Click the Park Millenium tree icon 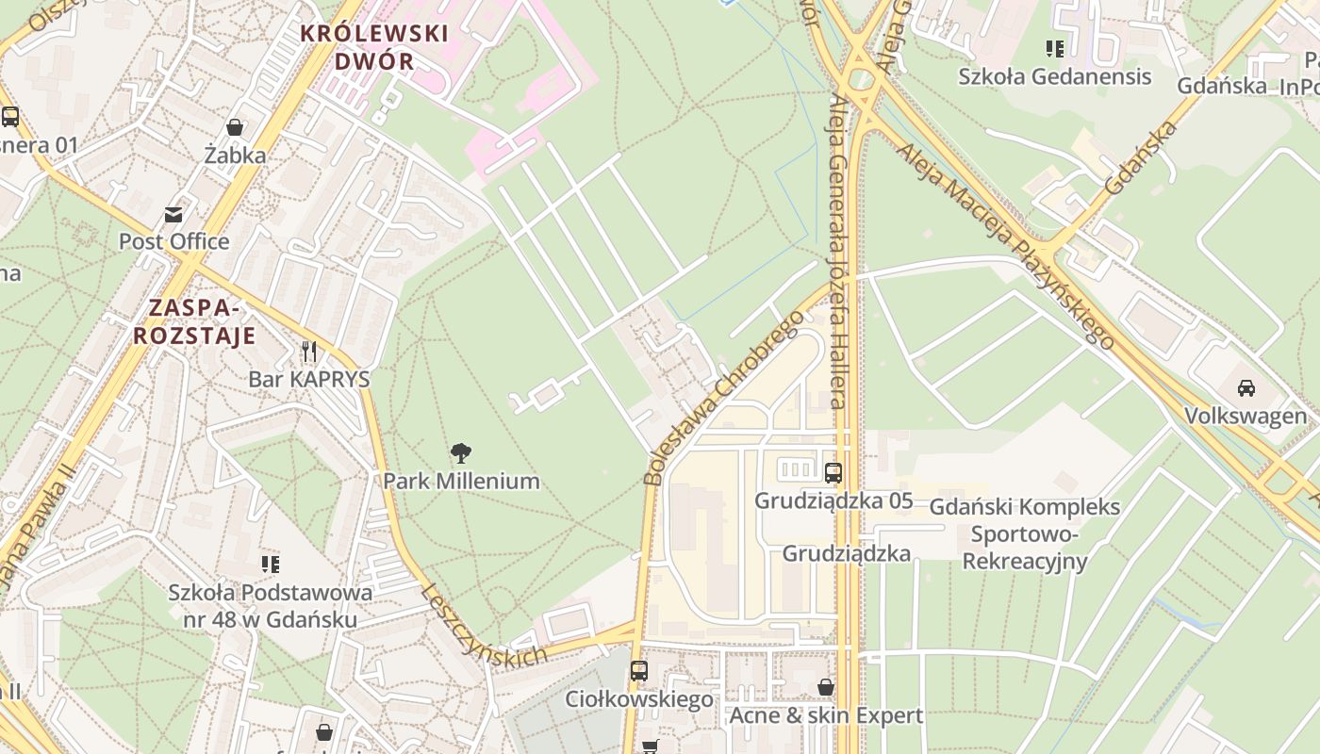click(x=461, y=453)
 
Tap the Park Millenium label click(x=461, y=481)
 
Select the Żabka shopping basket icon click(x=235, y=127)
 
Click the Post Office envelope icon click(x=173, y=215)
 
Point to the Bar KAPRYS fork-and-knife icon click(x=309, y=352)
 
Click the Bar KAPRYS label click(x=309, y=379)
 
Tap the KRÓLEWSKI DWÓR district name click(x=374, y=47)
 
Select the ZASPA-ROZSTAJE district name click(x=194, y=321)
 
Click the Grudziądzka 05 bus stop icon click(x=833, y=473)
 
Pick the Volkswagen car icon click(x=1246, y=387)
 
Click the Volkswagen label click(x=1246, y=416)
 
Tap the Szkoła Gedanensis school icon click(x=1055, y=48)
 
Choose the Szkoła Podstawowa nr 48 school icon click(x=271, y=565)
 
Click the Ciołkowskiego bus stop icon click(x=639, y=671)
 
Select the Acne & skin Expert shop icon click(x=826, y=687)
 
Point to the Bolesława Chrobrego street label click(x=724, y=396)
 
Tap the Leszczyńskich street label click(x=483, y=625)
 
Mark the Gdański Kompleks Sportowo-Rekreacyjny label click(x=1025, y=534)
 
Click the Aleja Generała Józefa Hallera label click(x=836, y=254)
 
